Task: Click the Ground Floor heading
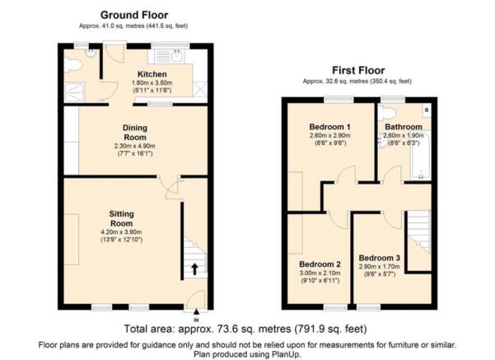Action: click(134, 15)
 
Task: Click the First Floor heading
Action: click(358, 70)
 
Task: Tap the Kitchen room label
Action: click(152, 74)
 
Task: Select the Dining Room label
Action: click(135, 133)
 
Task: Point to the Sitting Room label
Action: click(121, 218)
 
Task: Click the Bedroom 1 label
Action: click(329, 127)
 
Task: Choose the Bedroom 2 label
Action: click(320, 264)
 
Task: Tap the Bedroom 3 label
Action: click(379, 258)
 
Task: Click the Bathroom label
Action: click(404, 127)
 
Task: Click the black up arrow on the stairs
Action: click(194, 269)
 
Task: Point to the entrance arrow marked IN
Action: click(196, 312)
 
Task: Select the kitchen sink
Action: click(176, 56)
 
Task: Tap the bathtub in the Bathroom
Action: click(420, 157)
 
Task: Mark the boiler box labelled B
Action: click(427, 110)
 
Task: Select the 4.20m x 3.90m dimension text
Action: click(121, 232)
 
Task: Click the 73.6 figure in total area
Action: click(227, 329)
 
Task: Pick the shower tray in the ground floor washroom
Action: click(74, 92)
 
